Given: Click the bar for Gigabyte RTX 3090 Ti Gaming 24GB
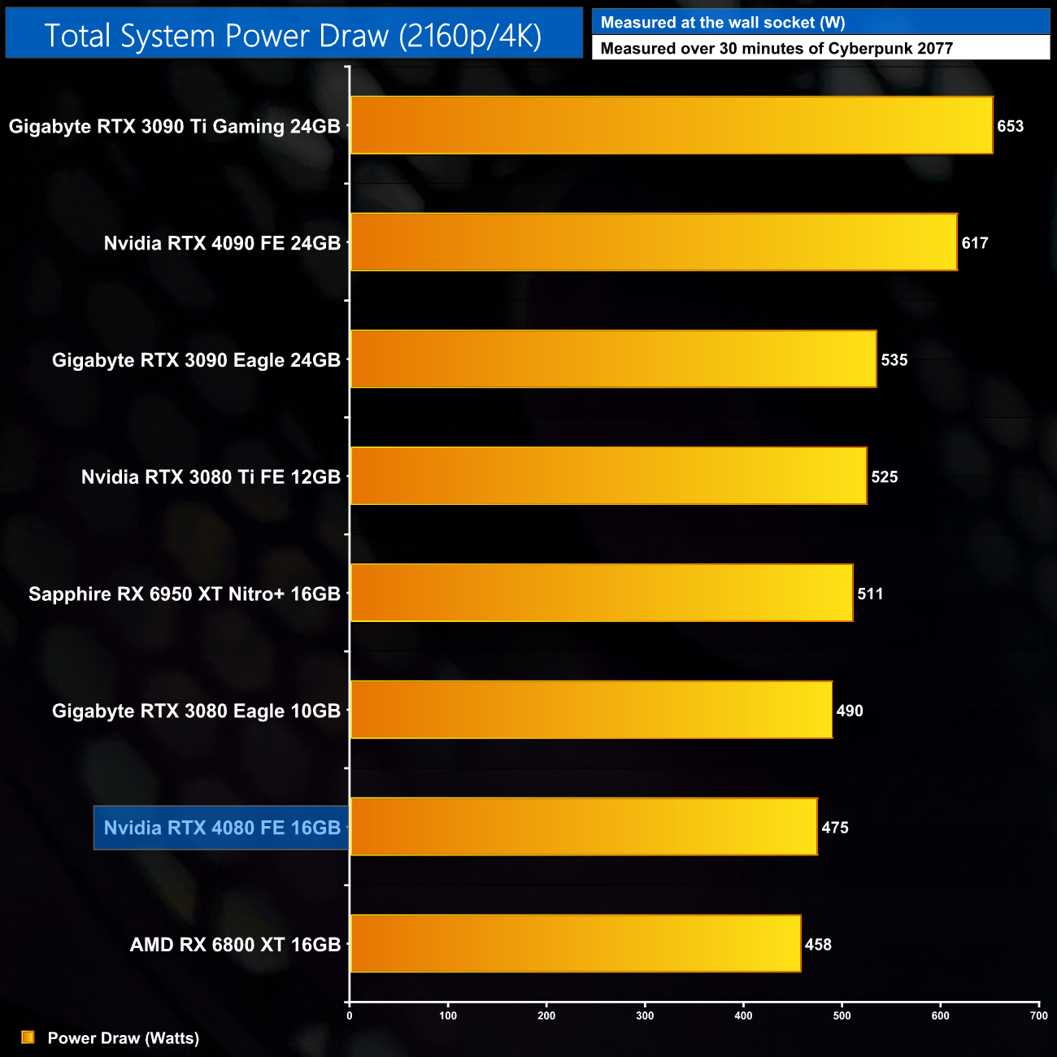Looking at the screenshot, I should pos(671,125).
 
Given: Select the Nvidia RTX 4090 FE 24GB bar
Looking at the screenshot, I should pos(653,242).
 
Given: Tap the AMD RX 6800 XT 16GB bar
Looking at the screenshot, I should pos(575,943).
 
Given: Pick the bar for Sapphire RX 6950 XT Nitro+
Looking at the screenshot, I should pos(601,593).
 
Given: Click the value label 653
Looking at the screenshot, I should pos(1010,126).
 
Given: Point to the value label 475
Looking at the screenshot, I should pos(835,828).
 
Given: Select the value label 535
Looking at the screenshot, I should pos(894,360).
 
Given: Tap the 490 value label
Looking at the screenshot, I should pos(850,711).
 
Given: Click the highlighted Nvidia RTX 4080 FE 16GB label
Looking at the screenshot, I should pos(221,828).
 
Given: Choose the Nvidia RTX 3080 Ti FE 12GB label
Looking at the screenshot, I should pos(211,477).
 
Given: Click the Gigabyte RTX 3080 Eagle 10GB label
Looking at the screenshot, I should pos(196,711).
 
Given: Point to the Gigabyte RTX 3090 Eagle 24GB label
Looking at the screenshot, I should pos(196,360).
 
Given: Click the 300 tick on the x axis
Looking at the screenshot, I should pos(645,1016).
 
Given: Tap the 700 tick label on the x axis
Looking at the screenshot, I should pos(1038,1016).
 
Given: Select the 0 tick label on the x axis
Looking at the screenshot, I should pos(350,1016).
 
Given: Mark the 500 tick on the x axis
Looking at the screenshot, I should pos(842,1016).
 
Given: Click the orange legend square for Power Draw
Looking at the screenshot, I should pos(28,1037).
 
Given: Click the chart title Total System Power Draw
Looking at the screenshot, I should pos(293,36).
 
